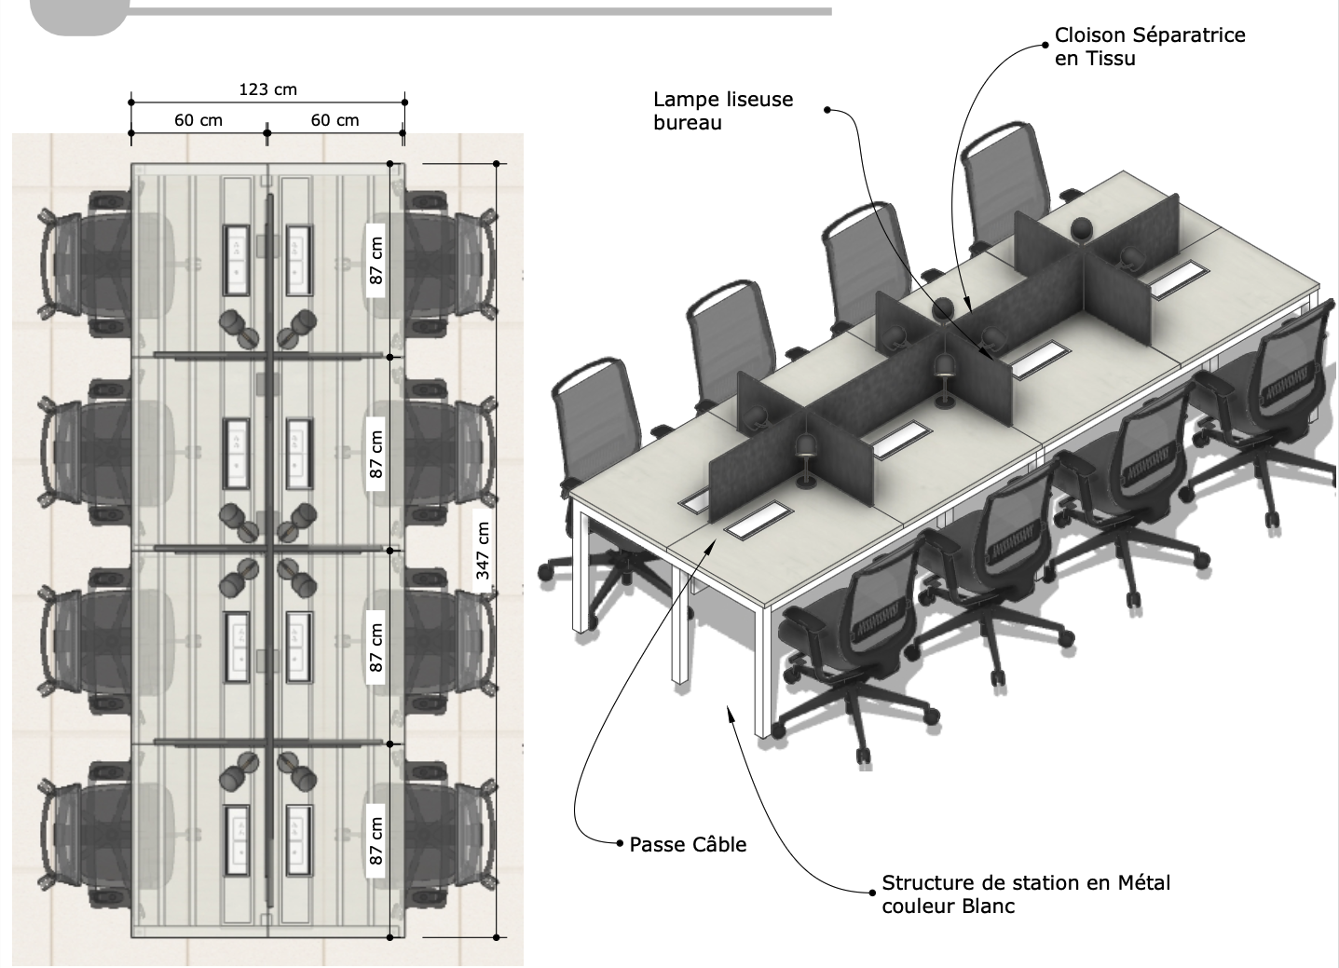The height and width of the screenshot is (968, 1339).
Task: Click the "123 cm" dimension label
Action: (267, 89)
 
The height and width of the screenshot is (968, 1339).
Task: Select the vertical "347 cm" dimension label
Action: (484, 551)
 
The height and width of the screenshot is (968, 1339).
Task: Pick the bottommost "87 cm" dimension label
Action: (376, 841)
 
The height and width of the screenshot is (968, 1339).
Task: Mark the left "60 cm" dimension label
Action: (198, 120)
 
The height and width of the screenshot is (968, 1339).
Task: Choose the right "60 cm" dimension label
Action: (335, 120)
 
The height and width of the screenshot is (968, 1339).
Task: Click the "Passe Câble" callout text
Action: (688, 845)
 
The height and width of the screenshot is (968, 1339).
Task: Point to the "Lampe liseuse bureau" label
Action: (722, 111)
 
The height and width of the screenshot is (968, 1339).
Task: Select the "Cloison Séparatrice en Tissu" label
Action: (1149, 47)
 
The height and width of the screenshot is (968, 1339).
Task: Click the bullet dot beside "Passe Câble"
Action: (621, 844)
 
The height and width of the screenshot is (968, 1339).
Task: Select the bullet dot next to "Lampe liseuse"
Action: (827, 110)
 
